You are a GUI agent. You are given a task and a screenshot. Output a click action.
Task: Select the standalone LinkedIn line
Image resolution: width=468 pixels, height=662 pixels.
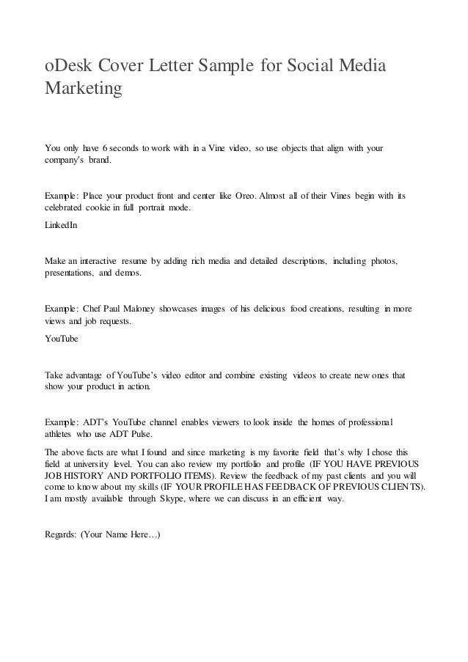click(61, 226)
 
